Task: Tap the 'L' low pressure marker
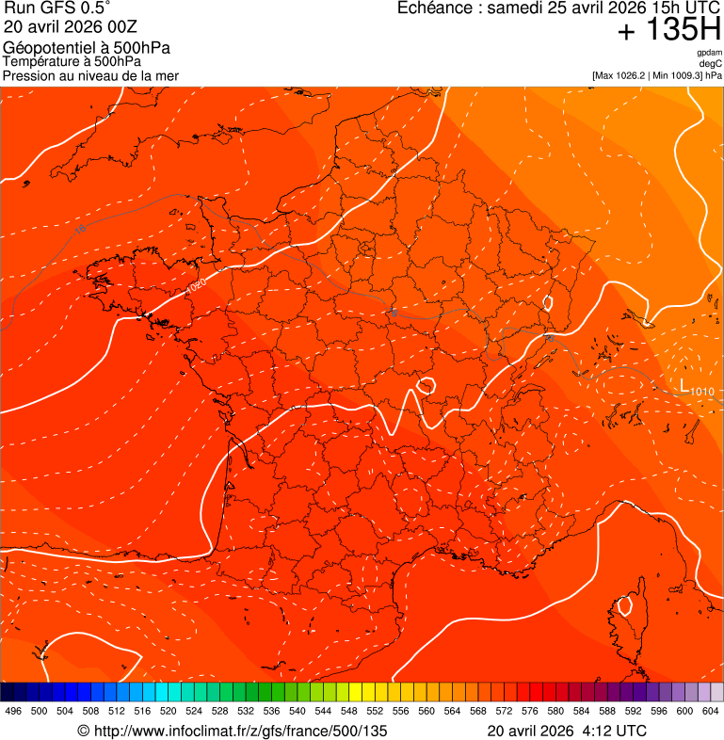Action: [684, 384]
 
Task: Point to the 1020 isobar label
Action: [197, 285]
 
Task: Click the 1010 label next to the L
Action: [702, 391]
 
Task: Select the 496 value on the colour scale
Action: [13, 711]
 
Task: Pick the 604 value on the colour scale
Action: [711, 711]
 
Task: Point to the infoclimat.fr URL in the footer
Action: [240, 731]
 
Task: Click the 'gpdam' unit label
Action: [709, 53]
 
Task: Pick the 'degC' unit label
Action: [711, 64]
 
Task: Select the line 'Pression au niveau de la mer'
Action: [90, 75]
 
